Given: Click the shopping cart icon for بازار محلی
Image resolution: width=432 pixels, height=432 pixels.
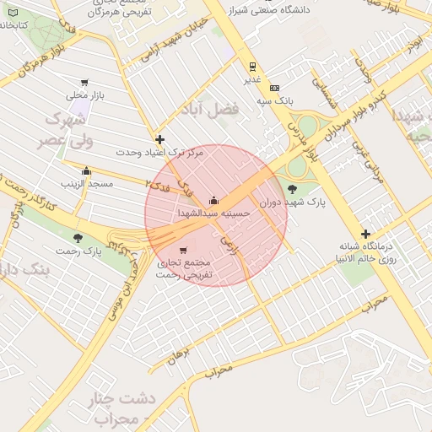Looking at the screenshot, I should pos(84,83).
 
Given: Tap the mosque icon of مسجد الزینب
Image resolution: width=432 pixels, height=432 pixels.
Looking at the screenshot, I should pos(86,171).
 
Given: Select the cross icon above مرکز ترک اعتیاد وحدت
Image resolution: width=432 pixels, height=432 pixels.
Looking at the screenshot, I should pos(160,139).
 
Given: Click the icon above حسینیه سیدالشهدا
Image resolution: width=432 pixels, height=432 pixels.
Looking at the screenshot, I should pos(213,201).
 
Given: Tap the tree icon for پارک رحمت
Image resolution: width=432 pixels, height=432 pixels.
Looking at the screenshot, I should pos(78,239).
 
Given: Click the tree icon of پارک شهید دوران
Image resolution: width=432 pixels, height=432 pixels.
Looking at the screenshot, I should pos(292,189).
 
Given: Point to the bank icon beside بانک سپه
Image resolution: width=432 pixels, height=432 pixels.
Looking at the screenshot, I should pos(274,87).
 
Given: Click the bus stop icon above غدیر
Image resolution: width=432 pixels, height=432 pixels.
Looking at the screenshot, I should pos(251,67).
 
